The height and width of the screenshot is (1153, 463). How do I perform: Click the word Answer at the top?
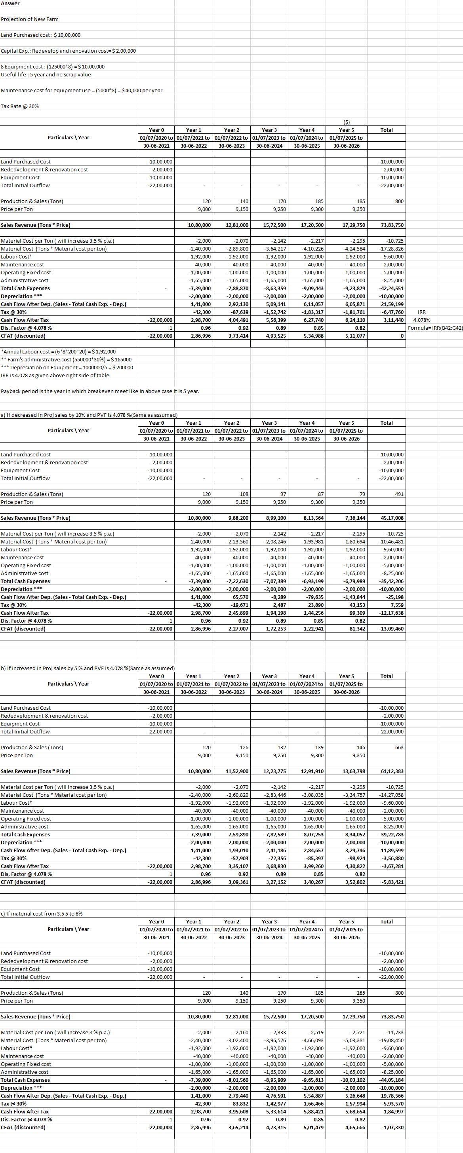pos(10,4)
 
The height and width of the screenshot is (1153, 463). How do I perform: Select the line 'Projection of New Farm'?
pos(30,19)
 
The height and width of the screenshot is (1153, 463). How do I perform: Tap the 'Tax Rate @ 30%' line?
pos(20,106)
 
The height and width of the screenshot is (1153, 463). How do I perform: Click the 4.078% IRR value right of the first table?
pos(421,320)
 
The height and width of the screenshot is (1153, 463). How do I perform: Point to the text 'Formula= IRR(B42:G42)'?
pos(435,328)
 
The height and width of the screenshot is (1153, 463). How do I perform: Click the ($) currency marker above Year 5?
pos(346,122)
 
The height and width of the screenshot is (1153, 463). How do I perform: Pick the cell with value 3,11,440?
pos(394,320)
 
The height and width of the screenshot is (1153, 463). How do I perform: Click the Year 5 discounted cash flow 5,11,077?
pos(355,336)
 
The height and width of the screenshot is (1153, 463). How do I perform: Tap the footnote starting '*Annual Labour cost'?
pos(58,352)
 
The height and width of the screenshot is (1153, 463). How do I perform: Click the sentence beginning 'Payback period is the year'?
pos(100,391)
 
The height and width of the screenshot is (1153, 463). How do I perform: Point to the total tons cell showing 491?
pos(399,494)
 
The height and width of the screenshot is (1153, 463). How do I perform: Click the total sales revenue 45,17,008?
pos(392,518)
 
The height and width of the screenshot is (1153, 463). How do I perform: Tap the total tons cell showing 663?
pos(399,747)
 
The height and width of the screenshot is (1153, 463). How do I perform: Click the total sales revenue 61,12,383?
pos(392,771)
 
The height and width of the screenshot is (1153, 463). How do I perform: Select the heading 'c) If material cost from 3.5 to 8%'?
pos(42,914)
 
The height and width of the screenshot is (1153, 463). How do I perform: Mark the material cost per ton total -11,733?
pos(394,1033)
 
